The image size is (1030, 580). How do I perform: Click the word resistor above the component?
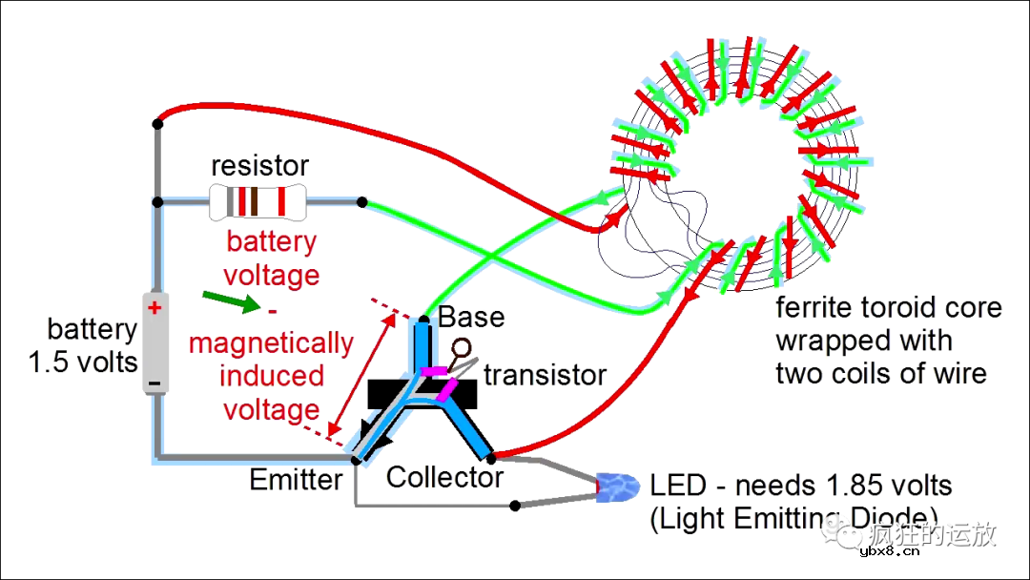click(x=259, y=166)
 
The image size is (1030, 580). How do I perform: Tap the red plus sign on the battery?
click(x=154, y=308)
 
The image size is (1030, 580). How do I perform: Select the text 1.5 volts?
click(x=83, y=362)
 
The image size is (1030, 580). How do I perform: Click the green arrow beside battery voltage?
click(x=232, y=303)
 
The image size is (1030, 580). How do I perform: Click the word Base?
click(x=471, y=317)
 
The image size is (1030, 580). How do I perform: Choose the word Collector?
click(x=444, y=477)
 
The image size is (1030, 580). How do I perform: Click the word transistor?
click(x=545, y=375)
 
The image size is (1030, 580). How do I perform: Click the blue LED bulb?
click(x=618, y=488)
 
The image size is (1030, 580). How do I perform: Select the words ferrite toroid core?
click(x=889, y=308)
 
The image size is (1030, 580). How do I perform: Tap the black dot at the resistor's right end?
click(x=361, y=201)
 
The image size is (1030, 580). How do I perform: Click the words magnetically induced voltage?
click(x=271, y=376)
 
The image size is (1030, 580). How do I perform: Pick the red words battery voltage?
click(x=271, y=259)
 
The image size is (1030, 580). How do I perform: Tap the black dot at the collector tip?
click(x=492, y=457)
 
